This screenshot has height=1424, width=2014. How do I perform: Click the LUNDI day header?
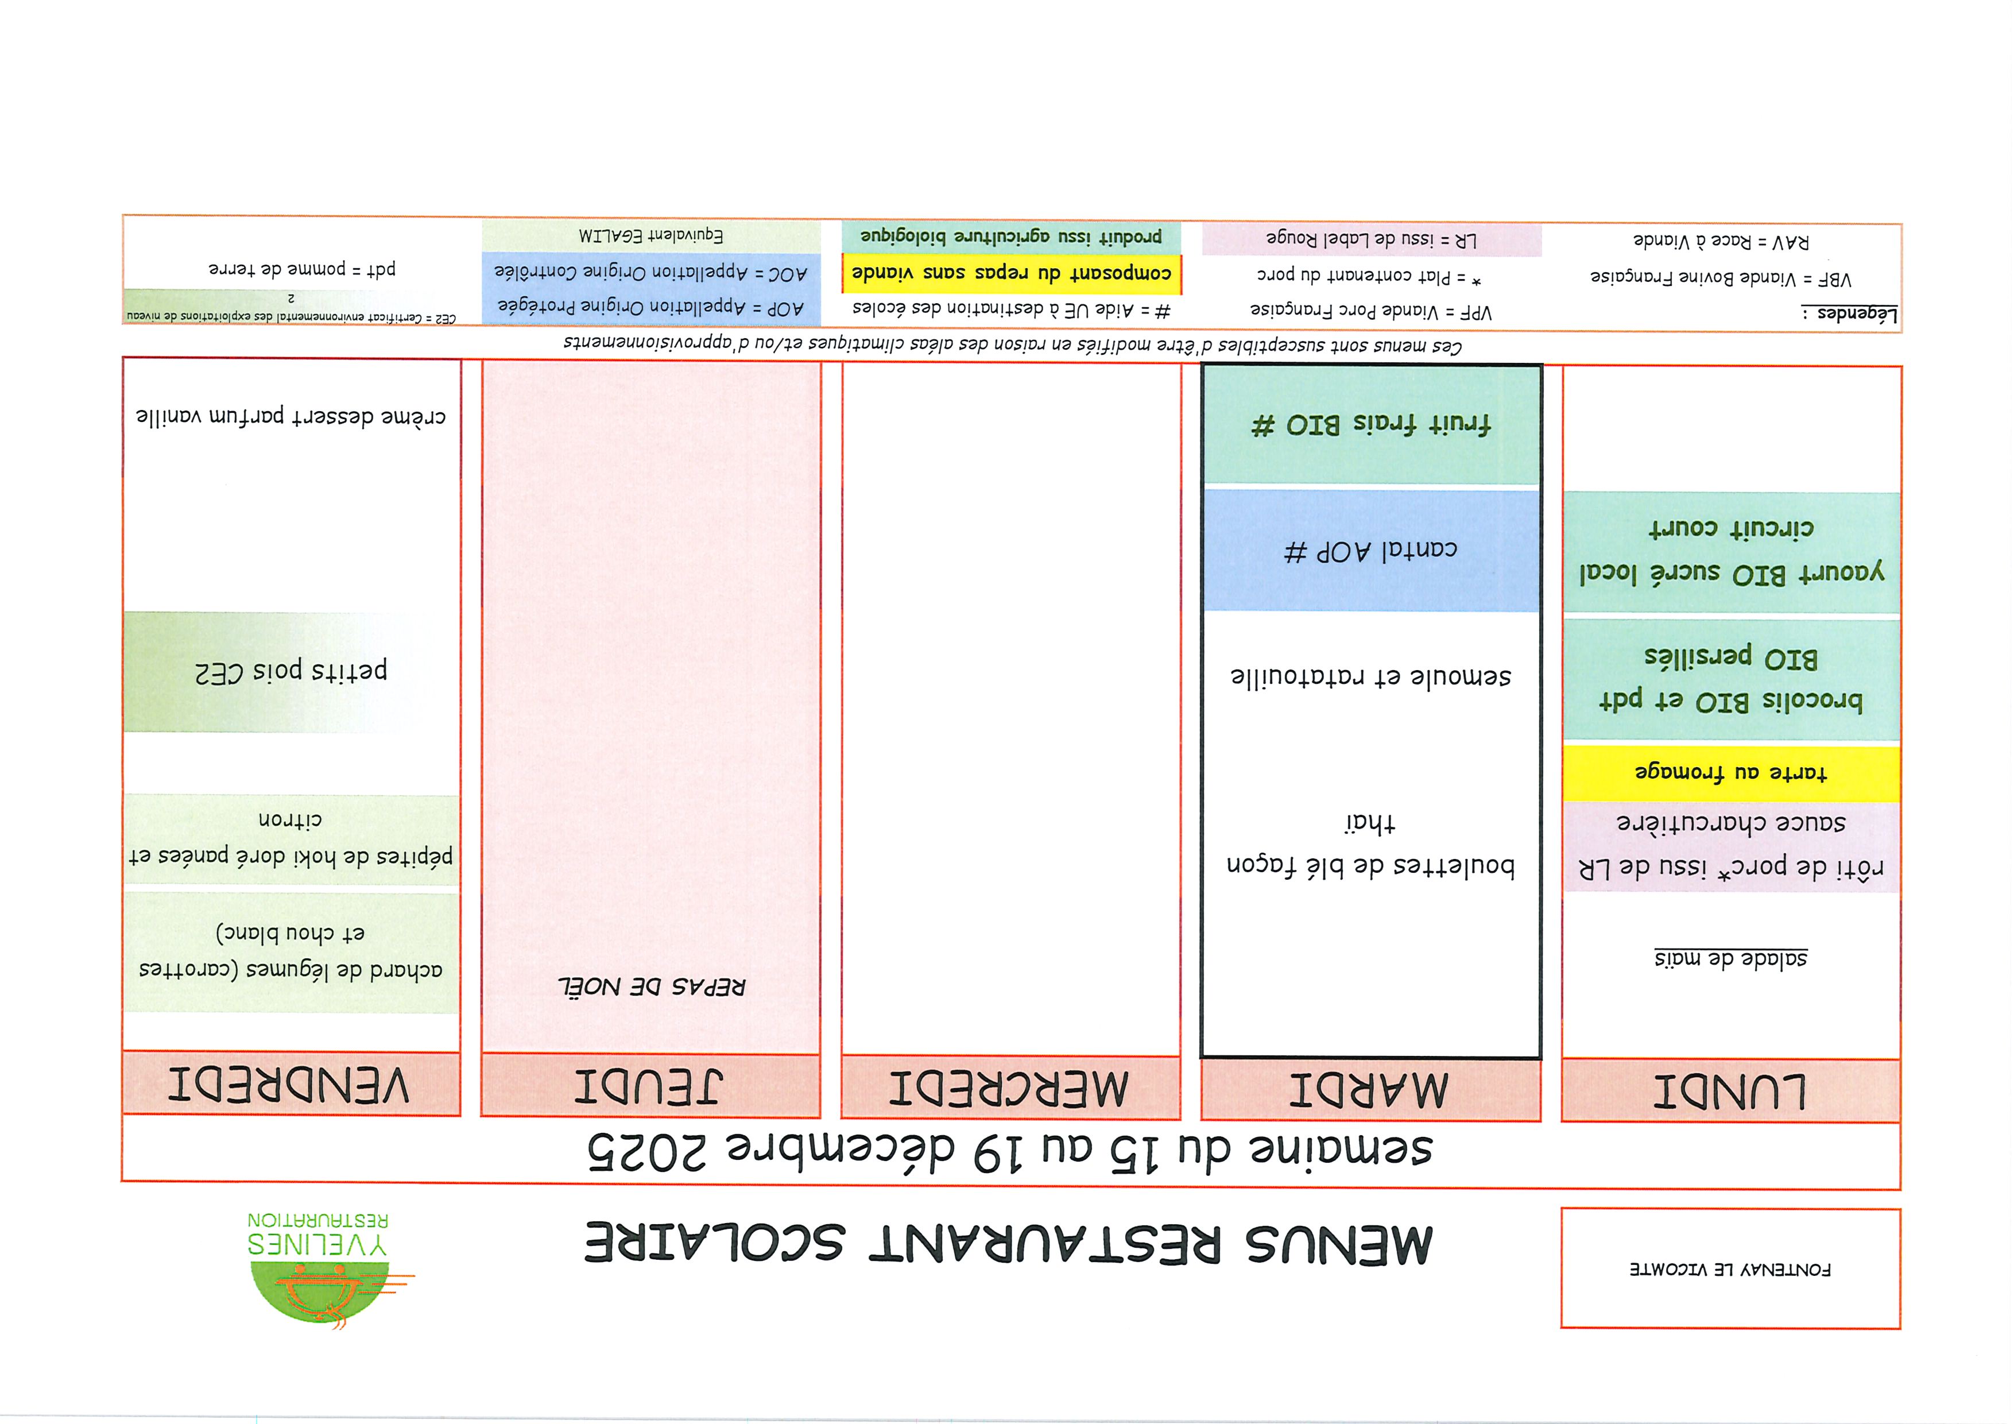coord(1730,1090)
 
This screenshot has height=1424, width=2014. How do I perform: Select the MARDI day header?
coord(1370,1090)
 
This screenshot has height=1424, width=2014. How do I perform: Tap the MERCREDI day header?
coord(1010,1088)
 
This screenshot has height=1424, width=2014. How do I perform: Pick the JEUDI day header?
coord(649,1086)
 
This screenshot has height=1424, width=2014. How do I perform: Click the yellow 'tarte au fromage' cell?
coord(1730,773)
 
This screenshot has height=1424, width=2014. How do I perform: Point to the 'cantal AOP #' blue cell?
coord(1370,551)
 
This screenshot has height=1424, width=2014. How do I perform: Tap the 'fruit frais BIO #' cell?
coord(1370,425)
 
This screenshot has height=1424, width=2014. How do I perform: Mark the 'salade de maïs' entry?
coord(1730,958)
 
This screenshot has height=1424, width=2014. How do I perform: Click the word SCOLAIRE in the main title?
coord(715,1244)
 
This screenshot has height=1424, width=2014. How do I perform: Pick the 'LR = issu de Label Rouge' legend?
coord(1370,239)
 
